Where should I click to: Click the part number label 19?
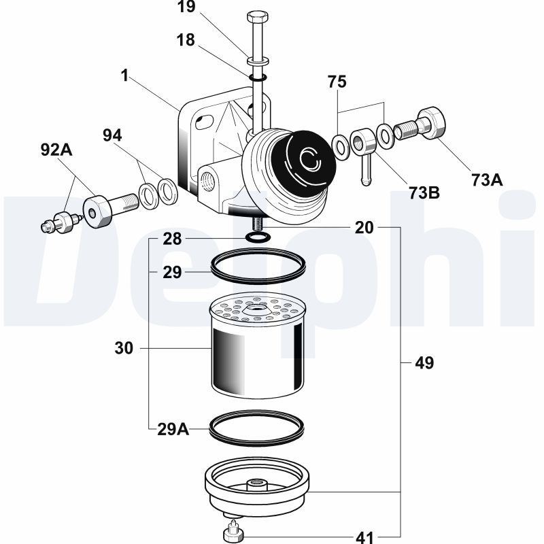185,10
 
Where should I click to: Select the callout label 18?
185,39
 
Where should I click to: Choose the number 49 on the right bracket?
424,362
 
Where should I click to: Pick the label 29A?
172,428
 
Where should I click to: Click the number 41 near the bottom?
364,537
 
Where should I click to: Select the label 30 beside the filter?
124,349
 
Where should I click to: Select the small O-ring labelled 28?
257,237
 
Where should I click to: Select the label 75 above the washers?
337,82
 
